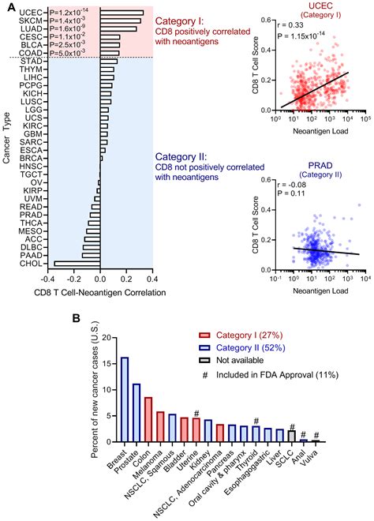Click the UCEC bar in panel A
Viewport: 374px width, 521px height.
click(x=122, y=13)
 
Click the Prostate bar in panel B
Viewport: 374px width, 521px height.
click(x=137, y=412)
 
